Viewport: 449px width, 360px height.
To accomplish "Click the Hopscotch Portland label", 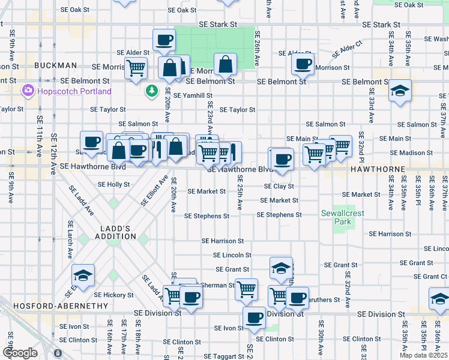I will [x=74, y=91].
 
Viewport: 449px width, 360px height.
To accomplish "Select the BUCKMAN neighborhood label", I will [x=55, y=65].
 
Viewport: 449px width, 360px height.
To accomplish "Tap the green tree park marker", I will [x=152, y=91].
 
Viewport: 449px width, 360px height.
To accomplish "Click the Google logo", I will [x=20, y=352].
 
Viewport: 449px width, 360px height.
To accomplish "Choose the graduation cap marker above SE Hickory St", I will [x=83, y=275].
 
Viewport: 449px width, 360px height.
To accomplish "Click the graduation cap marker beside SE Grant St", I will [x=280, y=268].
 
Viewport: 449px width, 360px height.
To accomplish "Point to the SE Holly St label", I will [x=114, y=184].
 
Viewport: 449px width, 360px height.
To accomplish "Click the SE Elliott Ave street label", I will [x=155, y=191].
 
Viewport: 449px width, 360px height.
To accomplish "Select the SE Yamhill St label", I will [x=193, y=95].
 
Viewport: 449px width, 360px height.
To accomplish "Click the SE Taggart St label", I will [x=223, y=355].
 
